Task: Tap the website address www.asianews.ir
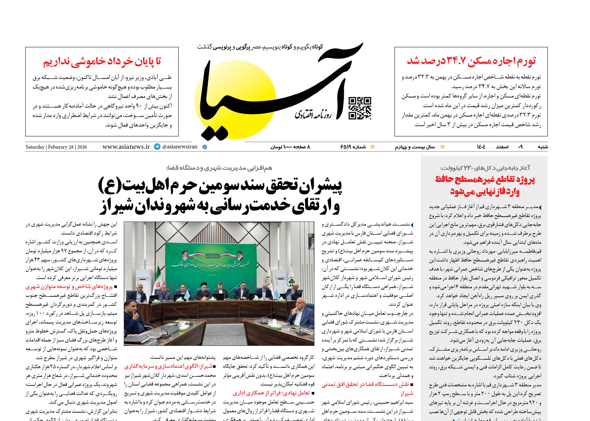point(126,147)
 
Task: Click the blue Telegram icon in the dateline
point(157,147)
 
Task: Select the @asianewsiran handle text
point(180,147)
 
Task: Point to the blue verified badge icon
point(204,147)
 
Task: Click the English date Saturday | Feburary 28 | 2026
point(56,147)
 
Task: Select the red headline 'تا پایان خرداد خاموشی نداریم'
point(102,62)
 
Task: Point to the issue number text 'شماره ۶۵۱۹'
point(353,147)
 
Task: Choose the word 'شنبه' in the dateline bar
point(542,147)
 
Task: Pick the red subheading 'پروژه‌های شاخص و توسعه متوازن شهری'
point(69,287)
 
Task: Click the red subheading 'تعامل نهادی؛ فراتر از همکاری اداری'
point(271,393)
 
